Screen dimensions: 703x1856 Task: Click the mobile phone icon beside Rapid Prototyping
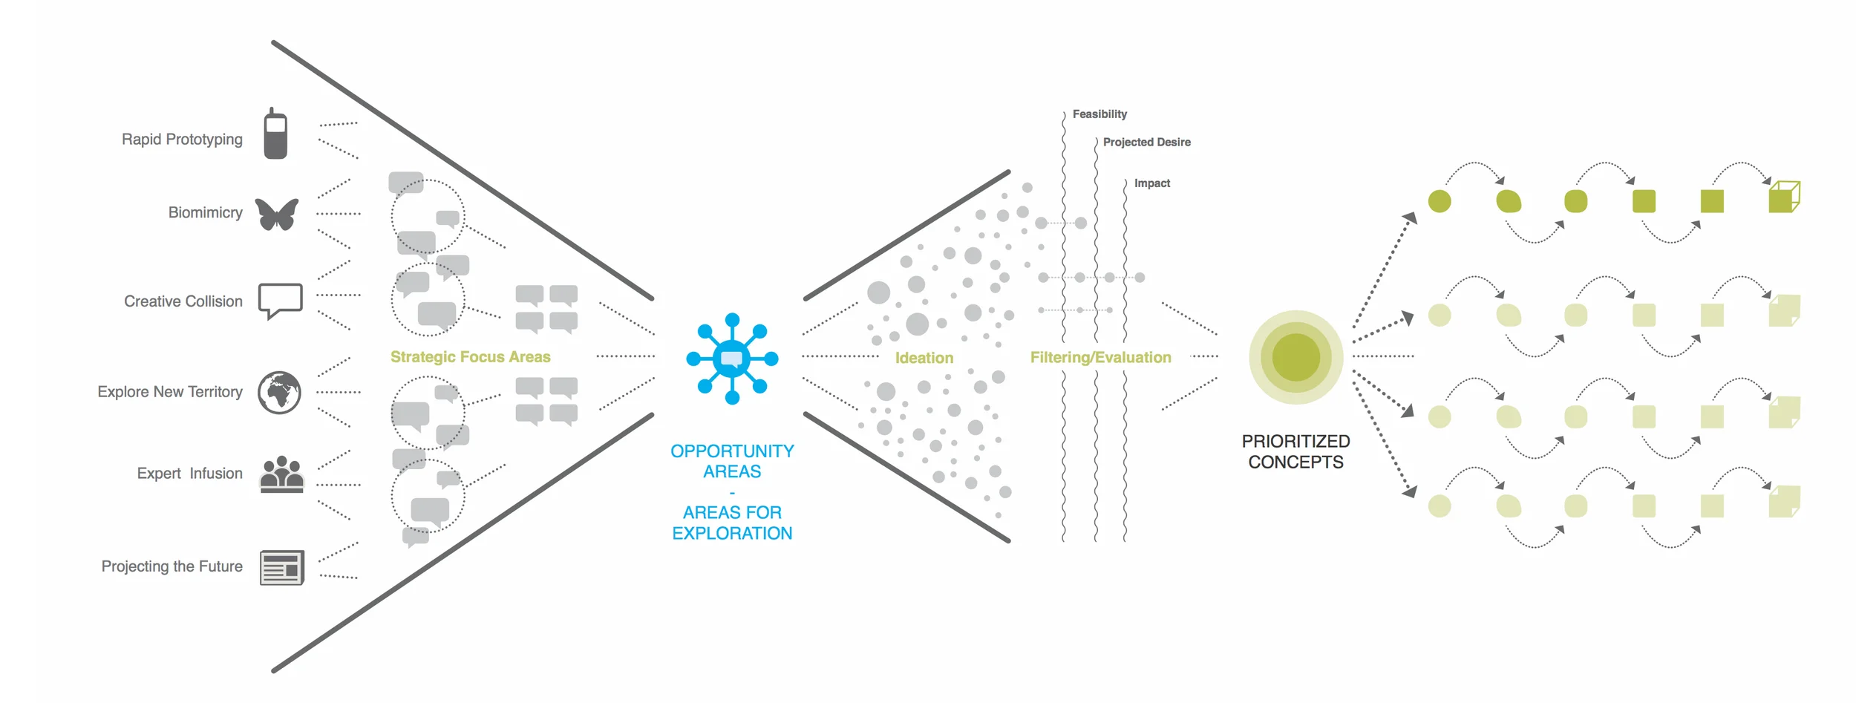click(x=275, y=134)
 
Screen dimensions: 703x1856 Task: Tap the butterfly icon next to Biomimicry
click(x=277, y=214)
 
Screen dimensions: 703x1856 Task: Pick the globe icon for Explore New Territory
click(x=279, y=392)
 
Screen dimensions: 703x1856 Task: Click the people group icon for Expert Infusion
click(x=281, y=474)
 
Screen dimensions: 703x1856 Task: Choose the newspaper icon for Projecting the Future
click(x=281, y=568)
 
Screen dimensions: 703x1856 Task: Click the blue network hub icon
click(x=732, y=359)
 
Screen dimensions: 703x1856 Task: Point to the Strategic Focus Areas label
click(x=470, y=357)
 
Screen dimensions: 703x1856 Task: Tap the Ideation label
click(x=924, y=358)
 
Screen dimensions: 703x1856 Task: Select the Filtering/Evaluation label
click(x=1100, y=357)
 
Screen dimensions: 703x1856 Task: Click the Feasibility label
click(x=1099, y=114)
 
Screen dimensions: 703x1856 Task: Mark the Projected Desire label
click(x=1146, y=142)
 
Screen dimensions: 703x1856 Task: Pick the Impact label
click(x=1151, y=183)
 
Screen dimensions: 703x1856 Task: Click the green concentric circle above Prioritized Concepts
click(x=1295, y=357)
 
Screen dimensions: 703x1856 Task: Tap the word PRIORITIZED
click(x=1295, y=441)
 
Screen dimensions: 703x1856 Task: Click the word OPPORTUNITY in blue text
click(x=732, y=451)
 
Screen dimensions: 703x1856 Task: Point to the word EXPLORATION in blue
click(x=732, y=533)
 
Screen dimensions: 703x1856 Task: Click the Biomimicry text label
click(x=205, y=213)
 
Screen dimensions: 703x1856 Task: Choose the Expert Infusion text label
click(x=189, y=474)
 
